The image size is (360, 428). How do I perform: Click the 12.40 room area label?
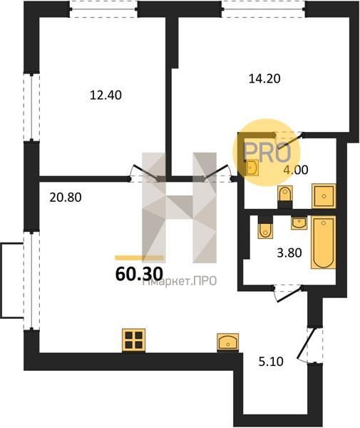[106, 96]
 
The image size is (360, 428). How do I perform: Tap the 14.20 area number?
[264, 78]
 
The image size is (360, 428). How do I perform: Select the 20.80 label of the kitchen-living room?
[66, 198]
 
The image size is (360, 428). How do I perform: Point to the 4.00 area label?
[296, 170]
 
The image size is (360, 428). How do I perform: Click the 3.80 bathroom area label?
[289, 253]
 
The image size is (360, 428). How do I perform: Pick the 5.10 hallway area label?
[271, 362]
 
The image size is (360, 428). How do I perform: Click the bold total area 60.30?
[139, 273]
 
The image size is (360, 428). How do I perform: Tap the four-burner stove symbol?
[133, 340]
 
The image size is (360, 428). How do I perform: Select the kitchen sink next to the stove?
[227, 342]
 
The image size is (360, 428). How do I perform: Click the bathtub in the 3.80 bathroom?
[324, 243]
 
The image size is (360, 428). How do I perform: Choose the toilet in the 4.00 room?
[285, 197]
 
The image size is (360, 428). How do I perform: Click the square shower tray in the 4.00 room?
[324, 196]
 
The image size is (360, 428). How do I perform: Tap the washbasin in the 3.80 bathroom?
[299, 223]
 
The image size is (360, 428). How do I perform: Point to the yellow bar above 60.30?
[139, 258]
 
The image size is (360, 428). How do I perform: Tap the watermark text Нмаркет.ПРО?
[180, 281]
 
